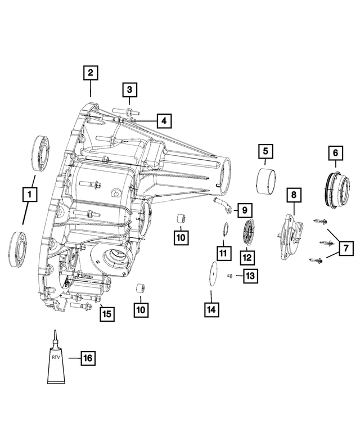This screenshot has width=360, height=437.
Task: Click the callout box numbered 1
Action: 29,195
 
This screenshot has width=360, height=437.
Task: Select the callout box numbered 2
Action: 91,73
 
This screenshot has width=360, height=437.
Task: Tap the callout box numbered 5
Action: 265,151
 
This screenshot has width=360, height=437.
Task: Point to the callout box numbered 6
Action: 335,152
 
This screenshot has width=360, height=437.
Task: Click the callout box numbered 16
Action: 88,357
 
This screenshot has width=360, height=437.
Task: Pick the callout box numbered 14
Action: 211,309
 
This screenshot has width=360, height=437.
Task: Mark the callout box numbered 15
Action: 106,313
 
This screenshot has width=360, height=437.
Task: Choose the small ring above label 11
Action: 224,229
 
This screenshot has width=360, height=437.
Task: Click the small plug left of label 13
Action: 230,276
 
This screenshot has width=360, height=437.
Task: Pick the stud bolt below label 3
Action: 129,110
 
